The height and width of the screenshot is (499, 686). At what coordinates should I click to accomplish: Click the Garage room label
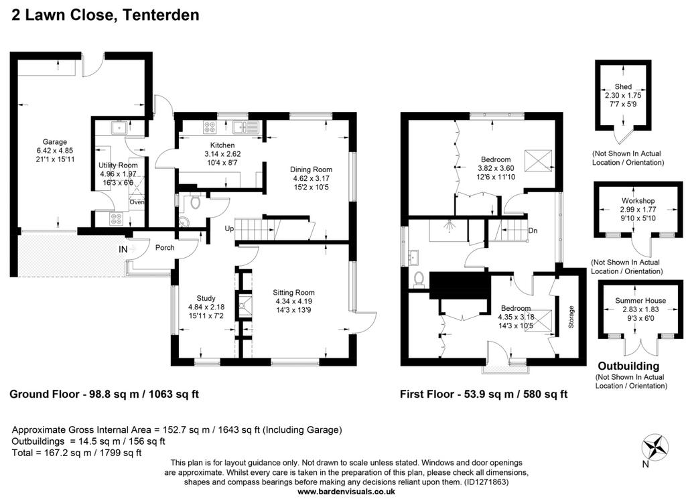55,142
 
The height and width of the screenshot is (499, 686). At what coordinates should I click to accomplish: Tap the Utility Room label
118,165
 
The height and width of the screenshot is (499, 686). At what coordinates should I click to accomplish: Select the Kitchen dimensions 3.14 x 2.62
222,154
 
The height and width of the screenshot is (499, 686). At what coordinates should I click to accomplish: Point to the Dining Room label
311,169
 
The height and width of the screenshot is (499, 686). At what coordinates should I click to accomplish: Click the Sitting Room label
293,293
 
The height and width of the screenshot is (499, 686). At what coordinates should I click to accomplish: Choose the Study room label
206,298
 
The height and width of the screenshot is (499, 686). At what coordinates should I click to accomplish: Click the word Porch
165,248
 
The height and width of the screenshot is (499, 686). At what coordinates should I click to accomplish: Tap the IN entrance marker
123,249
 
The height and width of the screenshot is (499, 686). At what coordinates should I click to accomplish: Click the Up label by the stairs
229,228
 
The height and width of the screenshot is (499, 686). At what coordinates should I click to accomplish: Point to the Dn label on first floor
533,230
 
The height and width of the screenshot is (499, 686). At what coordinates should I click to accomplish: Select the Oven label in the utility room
137,202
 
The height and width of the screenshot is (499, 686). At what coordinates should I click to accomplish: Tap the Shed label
623,86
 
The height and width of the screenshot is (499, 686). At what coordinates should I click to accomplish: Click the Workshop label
638,201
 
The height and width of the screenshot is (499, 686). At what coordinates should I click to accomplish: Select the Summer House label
640,301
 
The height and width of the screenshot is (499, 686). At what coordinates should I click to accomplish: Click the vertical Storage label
571,317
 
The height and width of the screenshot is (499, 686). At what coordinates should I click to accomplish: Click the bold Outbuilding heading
628,366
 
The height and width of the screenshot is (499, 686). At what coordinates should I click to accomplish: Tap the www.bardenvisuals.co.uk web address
346,492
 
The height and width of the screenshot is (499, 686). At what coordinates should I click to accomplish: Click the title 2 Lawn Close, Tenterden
105,15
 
